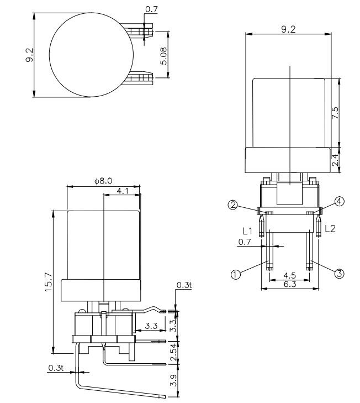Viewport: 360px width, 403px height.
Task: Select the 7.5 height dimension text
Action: (x=335, y=113)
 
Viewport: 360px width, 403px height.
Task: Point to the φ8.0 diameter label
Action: (x=103, y=181)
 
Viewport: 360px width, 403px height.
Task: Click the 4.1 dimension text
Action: (x=123, y=191)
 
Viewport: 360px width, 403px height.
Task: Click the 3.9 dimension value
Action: (x=172, y=380)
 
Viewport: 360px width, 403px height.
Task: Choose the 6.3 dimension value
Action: (x=289, y=285)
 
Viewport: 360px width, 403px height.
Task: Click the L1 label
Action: (x=247, y=229)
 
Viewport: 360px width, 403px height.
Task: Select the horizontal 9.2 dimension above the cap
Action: (x=288, y=29)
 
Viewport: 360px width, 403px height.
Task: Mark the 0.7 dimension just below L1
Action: (x=244, y=242)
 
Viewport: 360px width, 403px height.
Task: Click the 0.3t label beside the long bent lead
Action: (x=55, y=367)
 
